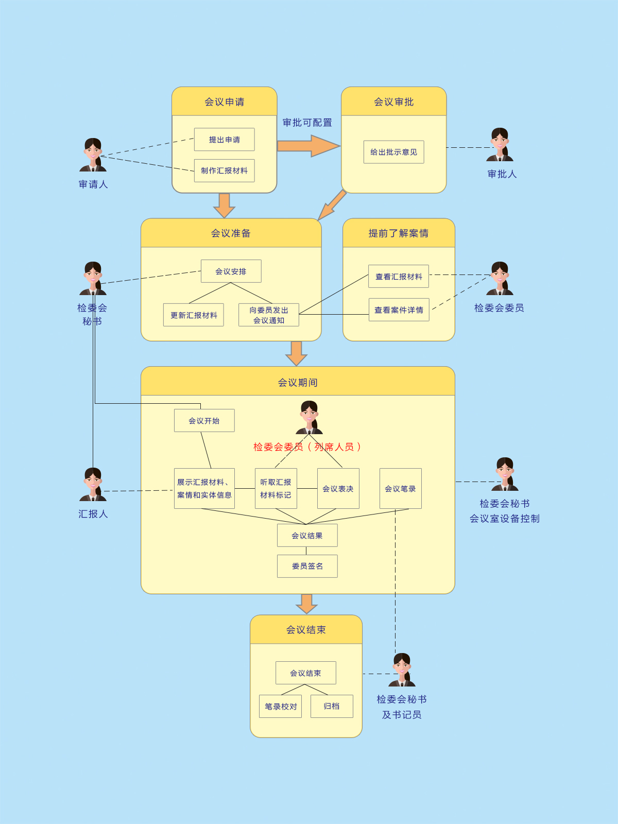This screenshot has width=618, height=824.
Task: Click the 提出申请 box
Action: click(224, 140)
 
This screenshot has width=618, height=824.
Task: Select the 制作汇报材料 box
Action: click(224, 170)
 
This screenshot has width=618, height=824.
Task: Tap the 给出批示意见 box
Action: click(393, 152)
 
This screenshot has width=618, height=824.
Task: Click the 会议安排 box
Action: click(231, 271)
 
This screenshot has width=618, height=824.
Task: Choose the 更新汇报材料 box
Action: click(193, 315)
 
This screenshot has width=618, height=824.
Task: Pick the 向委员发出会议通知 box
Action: click(268, 315)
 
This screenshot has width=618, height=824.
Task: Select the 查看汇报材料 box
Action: click(399, 277)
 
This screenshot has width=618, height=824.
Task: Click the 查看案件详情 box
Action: click(399, 310)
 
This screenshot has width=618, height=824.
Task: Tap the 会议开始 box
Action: click(204, 421)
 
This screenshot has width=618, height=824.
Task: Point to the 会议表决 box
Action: click(338, 489)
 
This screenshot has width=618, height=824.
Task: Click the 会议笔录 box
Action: click(400, 489)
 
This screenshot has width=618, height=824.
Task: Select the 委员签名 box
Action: click(307, 566)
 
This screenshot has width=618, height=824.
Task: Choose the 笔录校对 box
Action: click(280, 707)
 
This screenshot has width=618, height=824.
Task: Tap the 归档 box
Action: click(332, 707)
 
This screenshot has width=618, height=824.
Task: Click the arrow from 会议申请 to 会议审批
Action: click(308, 146)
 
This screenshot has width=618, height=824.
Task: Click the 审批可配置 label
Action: click(307, 123)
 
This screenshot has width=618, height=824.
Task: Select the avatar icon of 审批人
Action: click(500, 145)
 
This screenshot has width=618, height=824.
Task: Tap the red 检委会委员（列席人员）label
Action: click(307, 447)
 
